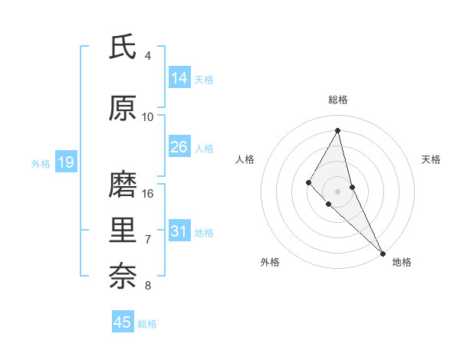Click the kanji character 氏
click(123, 47)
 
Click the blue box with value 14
click(179, 77)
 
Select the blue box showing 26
click(179, 147)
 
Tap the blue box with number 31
click(179, 231)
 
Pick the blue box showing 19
click(65, 162)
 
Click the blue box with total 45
click(123, 322)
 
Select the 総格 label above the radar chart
click(338, 100)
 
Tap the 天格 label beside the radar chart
click(431, 159)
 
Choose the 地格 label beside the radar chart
click(402, 262)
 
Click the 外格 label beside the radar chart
click(270, 262)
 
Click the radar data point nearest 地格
click(383, 253)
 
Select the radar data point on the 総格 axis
click(338, 130)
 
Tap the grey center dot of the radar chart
click(338, 191)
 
